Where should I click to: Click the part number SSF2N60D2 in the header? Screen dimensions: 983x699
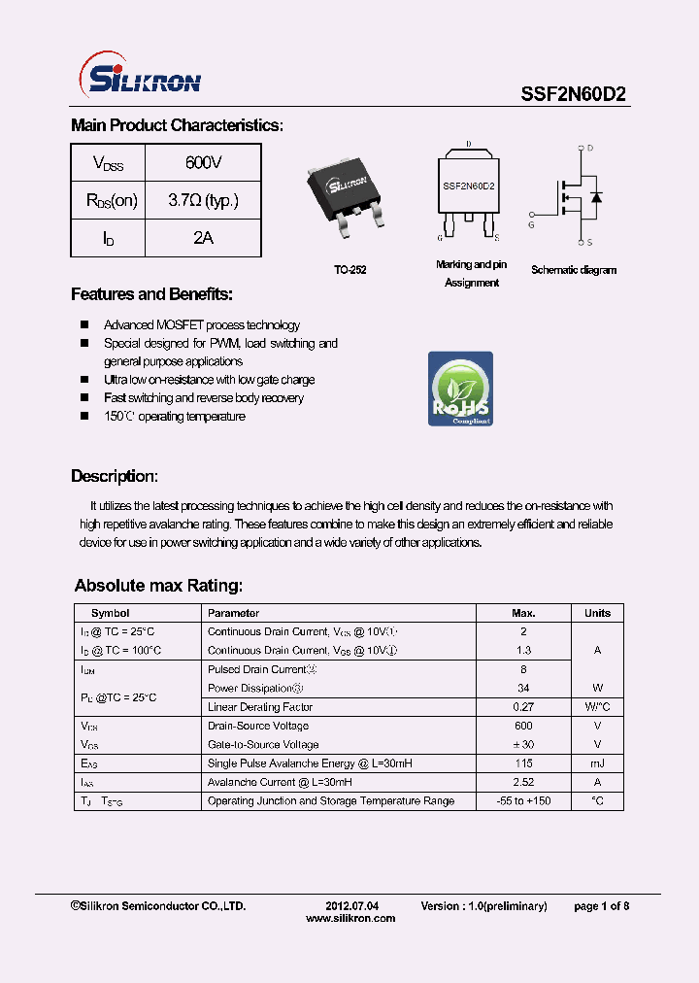tap(574, 93)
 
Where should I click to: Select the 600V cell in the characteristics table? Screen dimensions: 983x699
tap(203, 162)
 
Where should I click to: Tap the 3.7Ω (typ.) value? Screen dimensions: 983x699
tap(203, 201)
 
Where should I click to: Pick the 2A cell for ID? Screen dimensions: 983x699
tap(203, 238)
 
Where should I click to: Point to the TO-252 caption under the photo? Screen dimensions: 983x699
tap(349, 270)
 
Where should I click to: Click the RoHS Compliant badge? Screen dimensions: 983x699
tap(460, 390)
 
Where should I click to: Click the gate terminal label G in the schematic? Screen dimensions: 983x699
tap(531, 224)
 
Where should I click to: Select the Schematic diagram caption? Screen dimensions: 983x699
tap(574, 270)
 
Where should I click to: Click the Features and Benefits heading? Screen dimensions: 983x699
tap(151, 294)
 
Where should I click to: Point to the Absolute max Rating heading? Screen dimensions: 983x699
tap(158, 586)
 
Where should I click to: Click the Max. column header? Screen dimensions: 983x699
tap(523, 613)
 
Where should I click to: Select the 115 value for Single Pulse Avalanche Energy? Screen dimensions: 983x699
tap(523, 763)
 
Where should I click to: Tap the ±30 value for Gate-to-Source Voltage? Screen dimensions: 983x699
tap(523, 745)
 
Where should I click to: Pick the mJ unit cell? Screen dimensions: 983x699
tap(597, 763)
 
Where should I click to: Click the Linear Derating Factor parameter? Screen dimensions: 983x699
tap(260, 707)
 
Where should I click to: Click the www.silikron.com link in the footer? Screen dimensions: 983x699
tap(350, 918)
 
